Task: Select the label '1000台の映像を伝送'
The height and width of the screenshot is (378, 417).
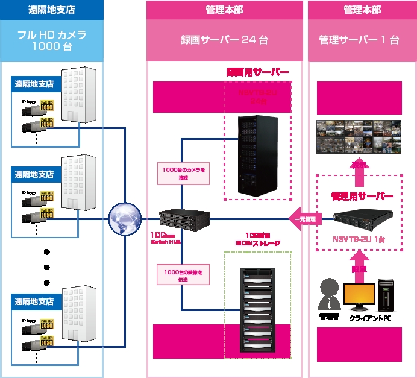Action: coord(183,276)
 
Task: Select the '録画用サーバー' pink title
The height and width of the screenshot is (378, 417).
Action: coord(257,72)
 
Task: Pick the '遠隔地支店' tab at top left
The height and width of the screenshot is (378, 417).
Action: coord(52,10)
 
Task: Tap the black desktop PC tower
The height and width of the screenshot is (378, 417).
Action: coord(386,294)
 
